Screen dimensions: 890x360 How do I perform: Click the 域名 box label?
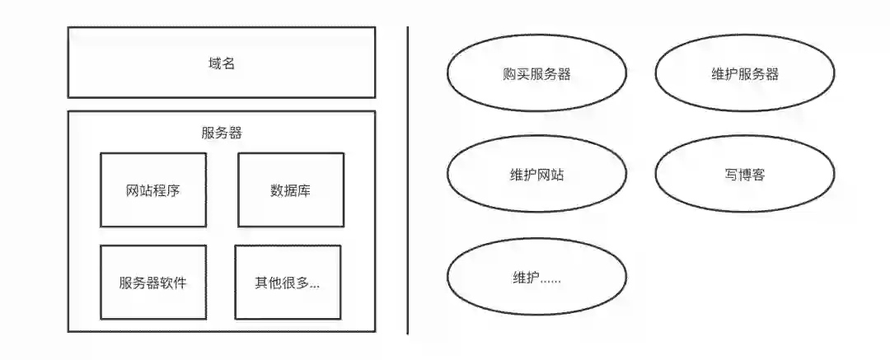[222, 63]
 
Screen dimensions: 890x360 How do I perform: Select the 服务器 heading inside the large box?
[222, 133]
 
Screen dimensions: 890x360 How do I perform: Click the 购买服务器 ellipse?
[536, 74]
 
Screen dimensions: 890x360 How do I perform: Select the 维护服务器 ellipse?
[745, 74]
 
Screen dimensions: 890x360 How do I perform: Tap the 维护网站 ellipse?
[536, 175]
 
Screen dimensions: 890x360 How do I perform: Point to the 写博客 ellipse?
[745, 175]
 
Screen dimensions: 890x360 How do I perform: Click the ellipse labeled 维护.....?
[536, 278]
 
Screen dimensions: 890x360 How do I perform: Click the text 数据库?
[290, 191]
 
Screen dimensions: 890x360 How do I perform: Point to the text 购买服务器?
[536, 74]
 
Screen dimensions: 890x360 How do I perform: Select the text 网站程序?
[153, 191]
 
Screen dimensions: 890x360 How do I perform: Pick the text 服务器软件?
[153, 283]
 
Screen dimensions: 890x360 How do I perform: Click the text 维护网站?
[536, 175]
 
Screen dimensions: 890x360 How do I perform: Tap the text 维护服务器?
[745, 74]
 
